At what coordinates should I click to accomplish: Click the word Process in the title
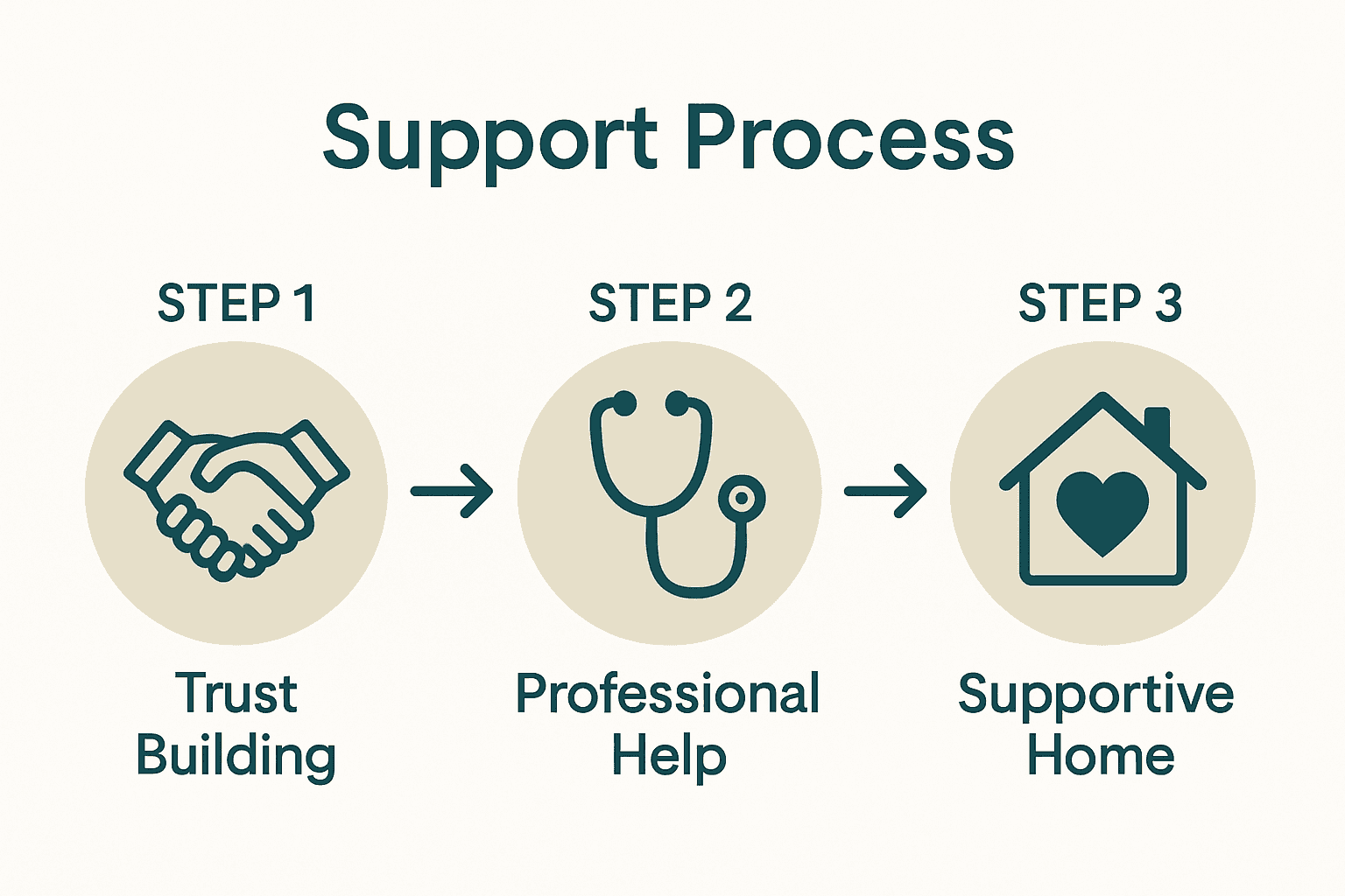[x=849, y=140]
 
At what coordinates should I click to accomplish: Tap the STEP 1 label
[x=236, y=304]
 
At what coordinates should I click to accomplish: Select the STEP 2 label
[x=670, y=304]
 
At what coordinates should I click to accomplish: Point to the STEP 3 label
[x=1101, y=304]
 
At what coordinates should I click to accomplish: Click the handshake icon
[x=236, y=499]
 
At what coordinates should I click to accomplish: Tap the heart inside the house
[x=1102, y=512]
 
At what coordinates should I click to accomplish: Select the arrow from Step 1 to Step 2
[x=452, y=491]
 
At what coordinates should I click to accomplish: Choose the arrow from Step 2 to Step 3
[x=885, y=491]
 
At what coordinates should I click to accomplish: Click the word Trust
[x=236, y=694]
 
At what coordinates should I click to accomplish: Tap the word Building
[x=236, y=756]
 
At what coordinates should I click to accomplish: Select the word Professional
[x=668, y=694]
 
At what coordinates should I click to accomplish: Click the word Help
[x=669, y=756]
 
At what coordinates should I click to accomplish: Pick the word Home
[x=1101, y=756]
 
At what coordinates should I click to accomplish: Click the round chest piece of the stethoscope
[x=742, y=499]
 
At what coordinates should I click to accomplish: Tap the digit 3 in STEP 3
[x=1168, y=304]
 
